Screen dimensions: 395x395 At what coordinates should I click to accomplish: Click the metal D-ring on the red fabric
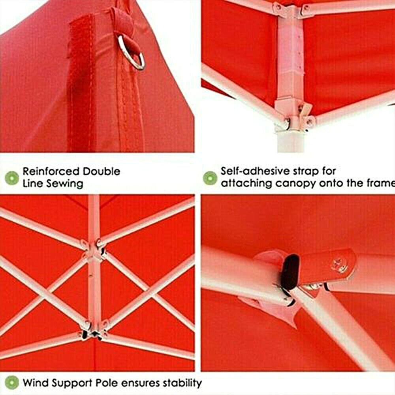pos(132,52)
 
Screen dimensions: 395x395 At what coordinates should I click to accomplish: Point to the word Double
pos(102,172)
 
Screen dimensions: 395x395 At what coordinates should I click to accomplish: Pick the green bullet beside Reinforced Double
pos(12,178)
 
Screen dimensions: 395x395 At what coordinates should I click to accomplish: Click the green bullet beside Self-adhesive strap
pos(210,178)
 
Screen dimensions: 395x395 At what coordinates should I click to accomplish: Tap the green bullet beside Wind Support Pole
pos(12,383)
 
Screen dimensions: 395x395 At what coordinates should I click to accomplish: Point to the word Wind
pos(35,383)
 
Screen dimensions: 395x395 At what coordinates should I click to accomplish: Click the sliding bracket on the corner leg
pos(292,115)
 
